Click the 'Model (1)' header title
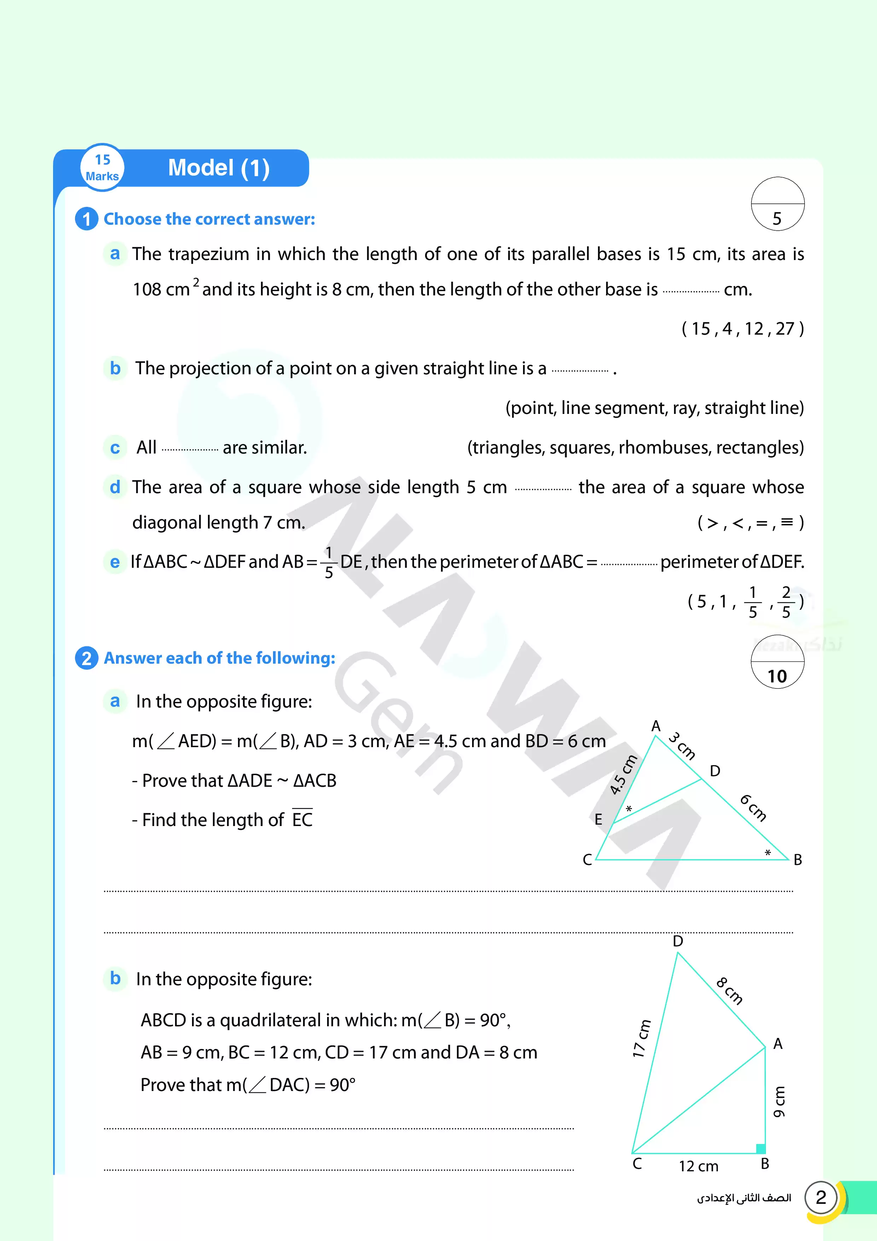click(219, 168)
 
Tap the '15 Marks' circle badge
click(102, 168)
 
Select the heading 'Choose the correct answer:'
click(209, 219)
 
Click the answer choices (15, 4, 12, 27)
click(743, 329)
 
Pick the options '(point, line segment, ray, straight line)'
click(654, 408)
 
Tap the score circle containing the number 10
click(777, 662)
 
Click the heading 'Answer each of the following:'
click(219, 658)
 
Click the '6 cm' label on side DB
click(753, 808)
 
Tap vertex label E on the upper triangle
click(598, 819)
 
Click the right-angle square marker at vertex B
click(760, 1149)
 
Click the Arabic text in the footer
click(744, 1198)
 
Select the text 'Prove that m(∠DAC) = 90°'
click(248, 1085)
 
